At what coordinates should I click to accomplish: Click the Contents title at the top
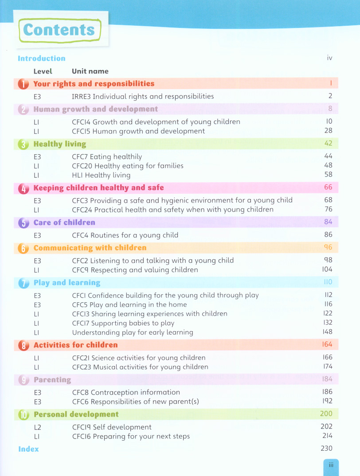(x=59, y=30)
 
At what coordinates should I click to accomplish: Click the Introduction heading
(x=42, y=59)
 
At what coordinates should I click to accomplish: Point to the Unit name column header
(x=90, y=71)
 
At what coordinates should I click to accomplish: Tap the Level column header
(x=43, y=71)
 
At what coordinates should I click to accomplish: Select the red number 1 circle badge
(x=23, y=84)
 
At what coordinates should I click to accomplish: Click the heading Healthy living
(x=60, y=144)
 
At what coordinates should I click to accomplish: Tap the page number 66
(x=328, y=187)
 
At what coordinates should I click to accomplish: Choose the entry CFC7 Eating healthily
(x=107, y=156)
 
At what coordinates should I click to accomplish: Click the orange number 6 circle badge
(x=23, y=248)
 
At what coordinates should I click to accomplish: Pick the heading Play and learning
(x=67, y=283)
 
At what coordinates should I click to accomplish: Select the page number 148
(x=328, y=332)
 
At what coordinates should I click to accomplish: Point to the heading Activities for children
(x=76, y=345)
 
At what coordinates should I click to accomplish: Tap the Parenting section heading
(x=52, y=380)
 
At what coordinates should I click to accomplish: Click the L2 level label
(x=37, y=427)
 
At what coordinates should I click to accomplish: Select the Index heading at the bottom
(x=28, y=449)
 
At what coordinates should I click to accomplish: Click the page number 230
(x=327, y=449)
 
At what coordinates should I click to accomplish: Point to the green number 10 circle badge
(x=23, y=415)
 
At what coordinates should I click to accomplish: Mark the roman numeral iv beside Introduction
(x=329, y=58)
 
